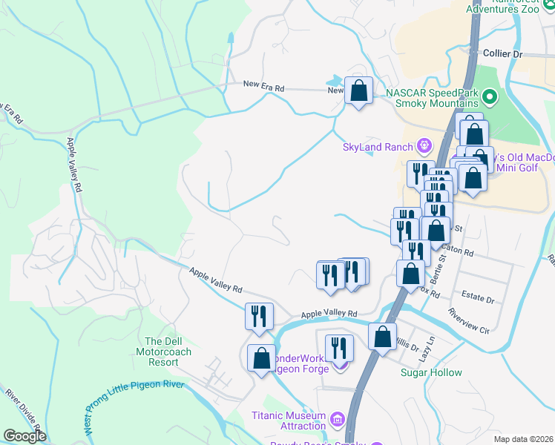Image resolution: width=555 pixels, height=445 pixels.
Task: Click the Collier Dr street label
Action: coord(502,54)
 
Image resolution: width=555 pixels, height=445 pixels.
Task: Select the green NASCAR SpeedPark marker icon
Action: coord(489,97)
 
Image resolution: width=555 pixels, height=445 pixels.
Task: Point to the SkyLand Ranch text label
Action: coord(377,147)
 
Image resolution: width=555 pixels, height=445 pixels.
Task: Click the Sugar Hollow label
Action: coord(431,372)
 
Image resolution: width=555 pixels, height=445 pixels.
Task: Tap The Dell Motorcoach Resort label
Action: coord(157,352)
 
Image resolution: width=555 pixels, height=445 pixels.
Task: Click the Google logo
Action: coord(24,435)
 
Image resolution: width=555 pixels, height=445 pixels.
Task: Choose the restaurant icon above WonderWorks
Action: coord(339,347)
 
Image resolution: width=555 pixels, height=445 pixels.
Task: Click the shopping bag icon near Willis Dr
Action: coord(382,337)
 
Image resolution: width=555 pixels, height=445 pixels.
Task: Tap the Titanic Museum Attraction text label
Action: coord(289,421)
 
